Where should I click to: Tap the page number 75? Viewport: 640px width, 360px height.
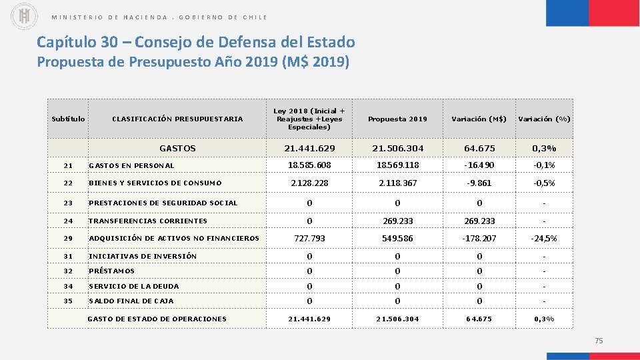(x=598, y=341)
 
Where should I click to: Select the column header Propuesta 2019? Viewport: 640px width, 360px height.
(x=397, y=119)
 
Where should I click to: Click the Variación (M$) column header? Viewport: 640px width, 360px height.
(x=479, y=119)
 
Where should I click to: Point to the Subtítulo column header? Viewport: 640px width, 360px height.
(x=68, y=119)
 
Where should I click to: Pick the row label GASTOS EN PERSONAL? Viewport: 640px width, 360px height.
(x=131, y=165)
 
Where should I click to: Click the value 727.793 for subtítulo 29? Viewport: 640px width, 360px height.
(x=309, y=238)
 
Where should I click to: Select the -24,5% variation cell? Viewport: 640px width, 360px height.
(x=544, y=238)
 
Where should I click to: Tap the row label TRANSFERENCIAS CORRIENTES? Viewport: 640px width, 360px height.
(x=148, y=221)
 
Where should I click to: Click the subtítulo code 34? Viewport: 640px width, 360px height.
(x=67, y=286)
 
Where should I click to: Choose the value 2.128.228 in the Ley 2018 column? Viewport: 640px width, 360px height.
(x=309, y=183)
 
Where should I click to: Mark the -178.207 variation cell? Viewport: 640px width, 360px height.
(x=479, y=238)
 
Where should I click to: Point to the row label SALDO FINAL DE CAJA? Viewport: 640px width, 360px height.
(x=131, y=301)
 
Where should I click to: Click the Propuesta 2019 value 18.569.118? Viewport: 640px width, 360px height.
(x=397, y=165)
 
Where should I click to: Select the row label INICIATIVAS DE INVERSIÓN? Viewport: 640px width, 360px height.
(x=143, y=256)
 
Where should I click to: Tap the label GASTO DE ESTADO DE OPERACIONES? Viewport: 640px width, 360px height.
(x=157, y=319)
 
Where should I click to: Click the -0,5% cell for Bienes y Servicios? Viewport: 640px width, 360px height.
(x=544, y=183)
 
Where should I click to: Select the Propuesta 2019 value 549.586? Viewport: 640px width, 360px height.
(x=397, y=238)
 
